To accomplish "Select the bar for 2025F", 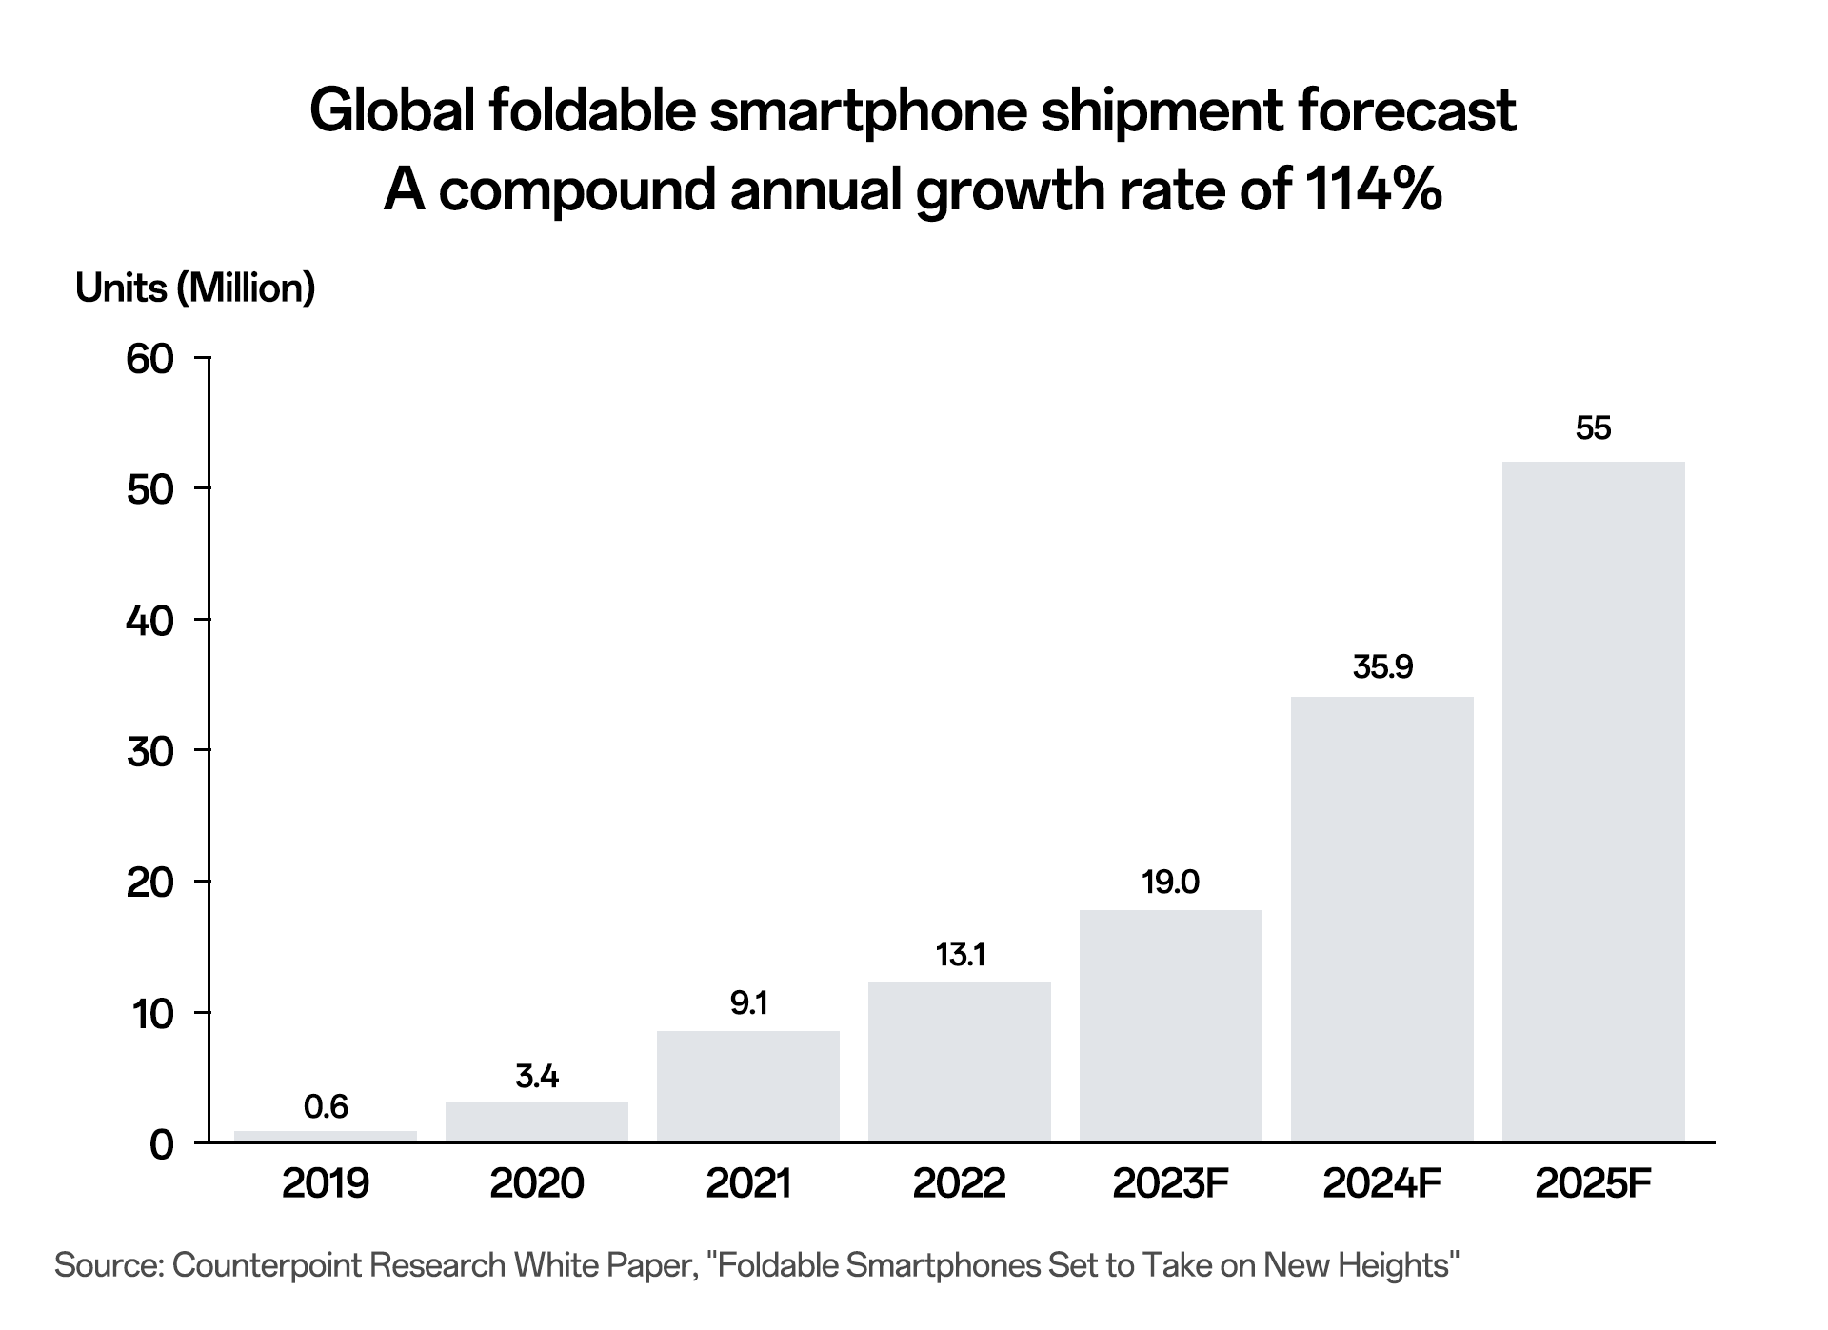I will (1593, 802).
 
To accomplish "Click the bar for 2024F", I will (1381, 920).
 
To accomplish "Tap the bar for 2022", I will (959, 1062).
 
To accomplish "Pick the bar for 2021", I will (748, 1086).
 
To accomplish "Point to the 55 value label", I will (1593, 428).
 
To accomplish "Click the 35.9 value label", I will (1382, 667).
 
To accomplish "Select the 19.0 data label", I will (1170, 883).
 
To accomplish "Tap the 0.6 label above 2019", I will (326, 1106).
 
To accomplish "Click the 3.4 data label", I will (537, 1077).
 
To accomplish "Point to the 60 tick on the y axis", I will (150, 359).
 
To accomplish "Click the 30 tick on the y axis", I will (150, 751).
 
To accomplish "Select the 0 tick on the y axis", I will (162, 1143).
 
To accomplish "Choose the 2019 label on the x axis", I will (326, 1183).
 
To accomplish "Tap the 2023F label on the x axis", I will (1170, 1183).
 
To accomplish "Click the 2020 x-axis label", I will (537, 1183).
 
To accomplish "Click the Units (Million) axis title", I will (195, 288).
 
